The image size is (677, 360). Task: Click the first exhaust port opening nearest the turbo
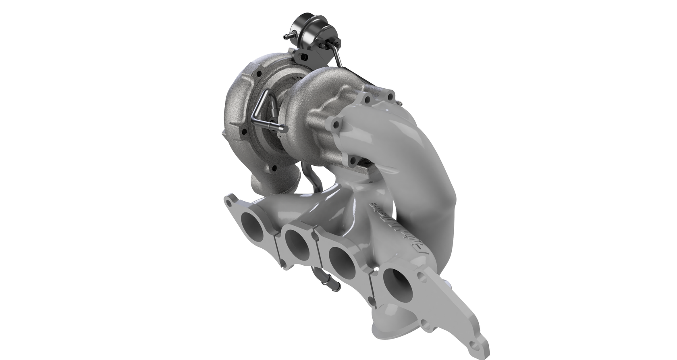pos(253,223)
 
